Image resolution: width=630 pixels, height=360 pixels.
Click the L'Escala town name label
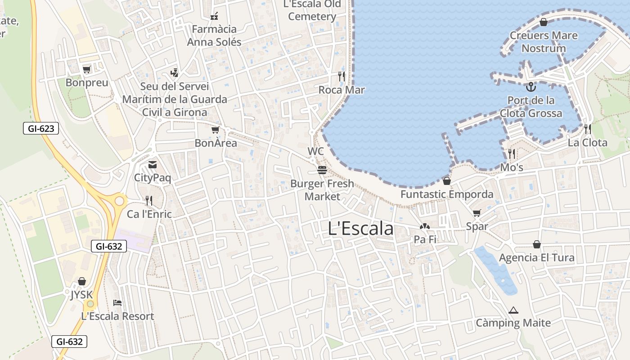tap(360, 229)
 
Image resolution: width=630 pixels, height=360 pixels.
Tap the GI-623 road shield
tap(41, 129)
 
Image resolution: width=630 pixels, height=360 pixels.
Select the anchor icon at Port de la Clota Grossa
tap(531, 86)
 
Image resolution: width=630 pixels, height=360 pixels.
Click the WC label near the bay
tap(315, 151)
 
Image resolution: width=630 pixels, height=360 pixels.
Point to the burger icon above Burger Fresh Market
tap(322, 170)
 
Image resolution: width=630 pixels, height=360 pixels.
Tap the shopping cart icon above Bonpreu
tap(87, 69)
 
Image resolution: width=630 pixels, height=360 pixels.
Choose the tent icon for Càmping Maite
tap(513, 310)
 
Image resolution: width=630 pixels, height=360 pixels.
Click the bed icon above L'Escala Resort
tap(117, 303)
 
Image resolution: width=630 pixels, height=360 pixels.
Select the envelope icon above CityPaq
tap(153, 165)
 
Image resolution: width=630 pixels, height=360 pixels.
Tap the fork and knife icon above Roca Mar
tap(342, 76)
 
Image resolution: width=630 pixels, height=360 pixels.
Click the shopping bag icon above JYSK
tap(81, 282)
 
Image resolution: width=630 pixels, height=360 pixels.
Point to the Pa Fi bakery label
tap(425, 239)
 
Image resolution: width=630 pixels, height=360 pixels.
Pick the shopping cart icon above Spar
tap(477, 213)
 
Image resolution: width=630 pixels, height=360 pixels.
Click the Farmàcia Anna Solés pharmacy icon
tap(214, 17)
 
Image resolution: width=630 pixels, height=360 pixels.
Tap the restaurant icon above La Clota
tap(587, 130)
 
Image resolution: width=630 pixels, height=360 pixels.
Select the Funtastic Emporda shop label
tap(447, 194)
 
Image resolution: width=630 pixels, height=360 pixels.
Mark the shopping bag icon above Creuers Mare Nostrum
tap(544, 22)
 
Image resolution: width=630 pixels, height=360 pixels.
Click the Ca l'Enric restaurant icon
tap(149, 201)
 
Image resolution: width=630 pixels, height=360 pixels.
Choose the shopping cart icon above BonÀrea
tap(215, 130)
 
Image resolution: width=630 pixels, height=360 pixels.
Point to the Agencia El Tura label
tap(536, 258)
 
